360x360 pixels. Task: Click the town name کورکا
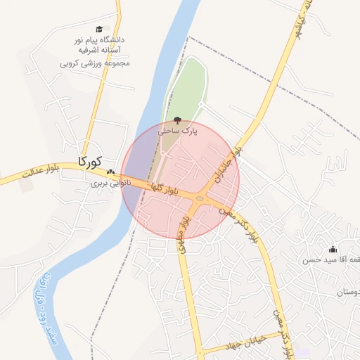(x=91, y=161)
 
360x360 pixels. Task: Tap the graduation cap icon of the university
(x=100, y=30)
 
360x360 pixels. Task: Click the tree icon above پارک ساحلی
(x=176, y=120)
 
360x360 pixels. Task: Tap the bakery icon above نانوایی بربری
(x=110, y=172)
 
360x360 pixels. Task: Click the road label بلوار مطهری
(x=182, y=231)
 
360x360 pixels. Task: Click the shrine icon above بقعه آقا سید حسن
(x=333, y=250)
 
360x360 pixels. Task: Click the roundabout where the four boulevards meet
(x=200, y=199)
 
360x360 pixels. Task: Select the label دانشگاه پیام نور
(x=100, y=40)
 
